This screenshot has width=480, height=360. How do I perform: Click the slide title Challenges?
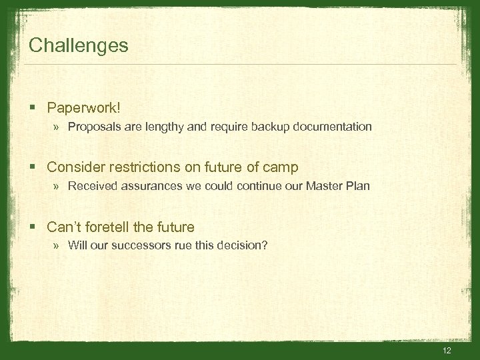coord(79,46)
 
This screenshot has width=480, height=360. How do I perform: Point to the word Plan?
coord(357,186)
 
